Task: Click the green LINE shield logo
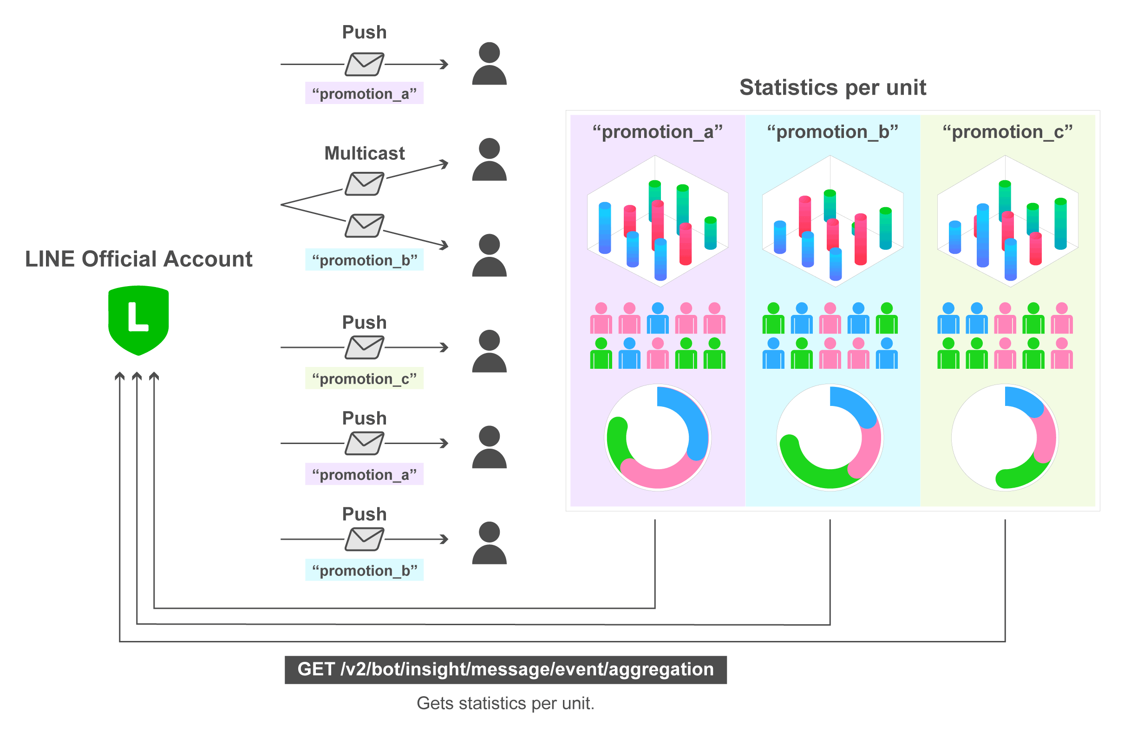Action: (x=138, y=320)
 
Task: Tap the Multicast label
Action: (x=364, y=153)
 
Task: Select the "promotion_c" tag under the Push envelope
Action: (x=364, y=378)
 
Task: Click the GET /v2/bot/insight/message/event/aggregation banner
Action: (x=505, y=669)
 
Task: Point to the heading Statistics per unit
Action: (x=833, y=87)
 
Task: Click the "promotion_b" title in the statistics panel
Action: (x=832, y=132)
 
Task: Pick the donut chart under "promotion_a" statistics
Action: (x=658, y=438)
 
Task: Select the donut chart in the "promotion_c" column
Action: (x=1005, y=438)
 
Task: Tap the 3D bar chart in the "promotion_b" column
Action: (x=833, y=221)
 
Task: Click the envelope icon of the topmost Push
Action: (x=364, y=64)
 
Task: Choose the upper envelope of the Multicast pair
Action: (x=364, y=184)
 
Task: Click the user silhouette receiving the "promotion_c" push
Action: (x=489, y=351)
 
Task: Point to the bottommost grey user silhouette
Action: (x=489, y=542)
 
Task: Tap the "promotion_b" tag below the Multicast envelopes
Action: (x=364, y=260)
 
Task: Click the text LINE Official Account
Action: (x=138, y=259)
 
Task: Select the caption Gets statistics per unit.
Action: (x=505, y=703)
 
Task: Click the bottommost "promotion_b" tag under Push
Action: (x=364, y=570)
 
